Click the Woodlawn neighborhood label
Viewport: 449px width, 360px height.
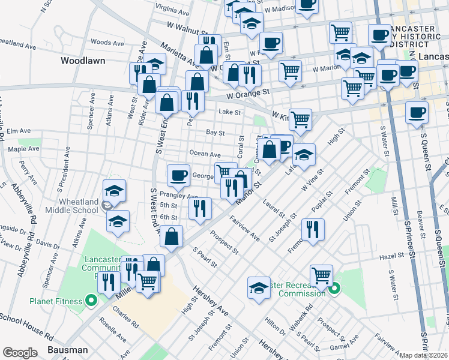83,61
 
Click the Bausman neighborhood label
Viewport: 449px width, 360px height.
68,349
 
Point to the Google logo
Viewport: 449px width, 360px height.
20,353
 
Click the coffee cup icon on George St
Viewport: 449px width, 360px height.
178,175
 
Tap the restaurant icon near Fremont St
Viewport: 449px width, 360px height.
313,229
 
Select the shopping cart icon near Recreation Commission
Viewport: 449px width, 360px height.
322,276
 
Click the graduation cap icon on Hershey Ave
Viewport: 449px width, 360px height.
259,287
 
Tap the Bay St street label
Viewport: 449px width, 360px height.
215,133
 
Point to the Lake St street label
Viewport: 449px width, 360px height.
229,112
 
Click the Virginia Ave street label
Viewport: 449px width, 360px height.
173,9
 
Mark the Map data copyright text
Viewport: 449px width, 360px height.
424,355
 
